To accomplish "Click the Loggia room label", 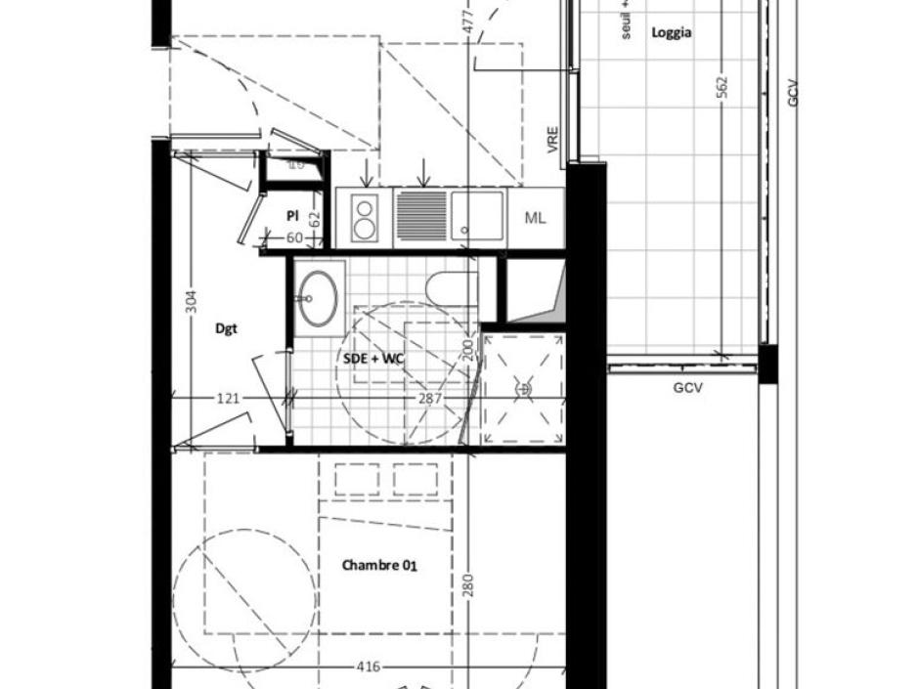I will (x=672, y=32).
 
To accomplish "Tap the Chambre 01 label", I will (x=380, y=565).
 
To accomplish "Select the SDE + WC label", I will (x=373, y=359).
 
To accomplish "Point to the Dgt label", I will (x=226, y=328).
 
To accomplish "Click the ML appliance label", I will (x=535, y=218).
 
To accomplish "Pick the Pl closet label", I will (x=291, y=215).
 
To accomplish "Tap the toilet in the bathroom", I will (x=453, y=289).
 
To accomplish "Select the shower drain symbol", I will (x=523, y=389).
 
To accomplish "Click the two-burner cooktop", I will (x=364, y=218).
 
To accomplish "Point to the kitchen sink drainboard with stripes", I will (x=422, y=216).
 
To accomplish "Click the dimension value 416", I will (x=368, y=667).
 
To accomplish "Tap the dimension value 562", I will (x=722, y=88).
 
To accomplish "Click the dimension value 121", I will (x=228, y=398).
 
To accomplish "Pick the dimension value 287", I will (x=430, y=398).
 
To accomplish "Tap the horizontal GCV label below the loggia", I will (x=688, y=388).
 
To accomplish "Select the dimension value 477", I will (x=468, y=22).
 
